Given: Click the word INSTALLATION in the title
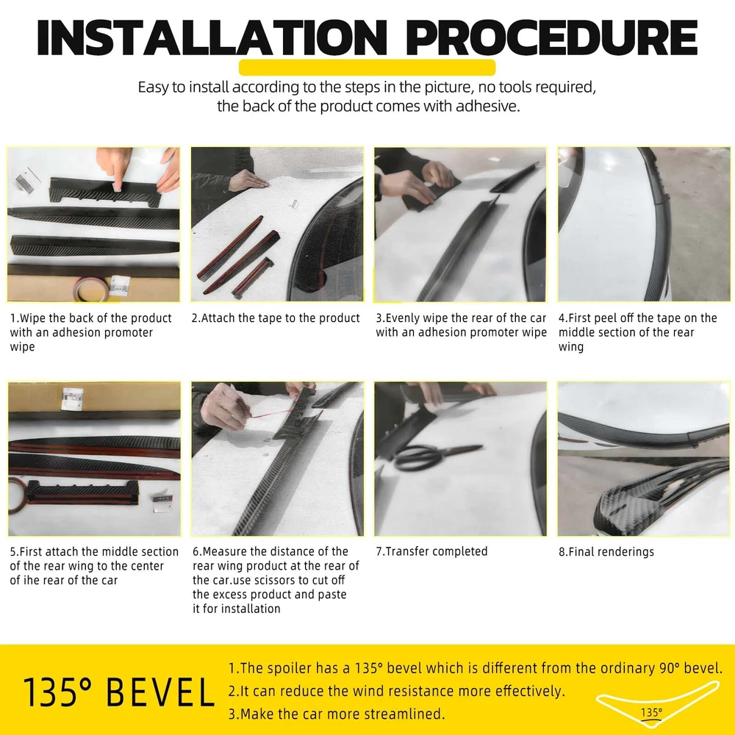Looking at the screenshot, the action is click(212, 37).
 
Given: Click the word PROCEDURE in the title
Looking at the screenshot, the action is click(552, 37).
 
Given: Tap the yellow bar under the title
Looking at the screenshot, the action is click(367, 68).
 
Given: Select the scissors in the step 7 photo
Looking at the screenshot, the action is click(435, 456).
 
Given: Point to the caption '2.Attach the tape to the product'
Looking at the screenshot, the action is click(276, 318).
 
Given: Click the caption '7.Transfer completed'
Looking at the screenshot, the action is click(431, 551).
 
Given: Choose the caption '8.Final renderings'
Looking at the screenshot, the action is click(606, 552).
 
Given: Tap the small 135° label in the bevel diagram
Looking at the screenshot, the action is click(651, 712).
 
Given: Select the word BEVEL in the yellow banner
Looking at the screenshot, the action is click(160, 692).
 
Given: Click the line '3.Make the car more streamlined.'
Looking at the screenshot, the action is click(337, 714).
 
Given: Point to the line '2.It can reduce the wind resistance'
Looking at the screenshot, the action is click(397, 691).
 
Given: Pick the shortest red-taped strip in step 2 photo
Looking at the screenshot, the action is click(253, 278).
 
